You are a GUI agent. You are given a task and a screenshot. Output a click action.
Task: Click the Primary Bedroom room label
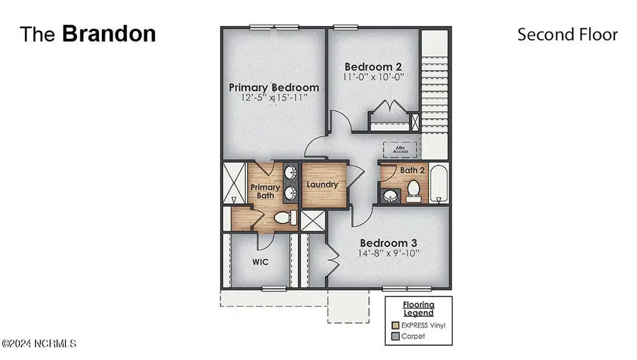click(273, 87)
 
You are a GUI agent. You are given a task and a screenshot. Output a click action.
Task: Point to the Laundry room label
click(322, 185)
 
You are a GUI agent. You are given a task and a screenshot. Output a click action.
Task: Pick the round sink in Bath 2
click(389, 195)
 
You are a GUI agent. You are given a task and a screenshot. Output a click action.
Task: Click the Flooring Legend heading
click(418, 308)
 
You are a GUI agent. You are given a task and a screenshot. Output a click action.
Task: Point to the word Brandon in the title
click(109, 34)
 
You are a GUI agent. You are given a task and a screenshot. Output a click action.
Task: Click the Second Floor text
click(567, 35)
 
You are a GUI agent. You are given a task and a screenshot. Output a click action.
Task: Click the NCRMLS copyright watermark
click(38, 344)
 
